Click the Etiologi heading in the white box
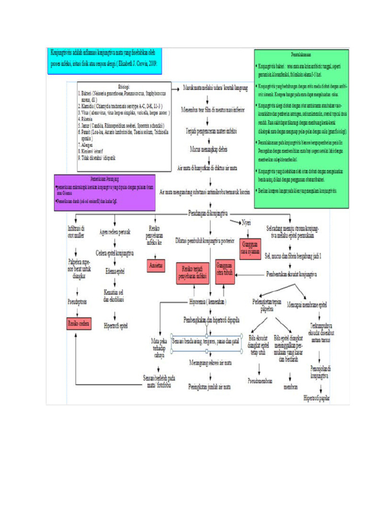123,87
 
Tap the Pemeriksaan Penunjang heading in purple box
104,180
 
